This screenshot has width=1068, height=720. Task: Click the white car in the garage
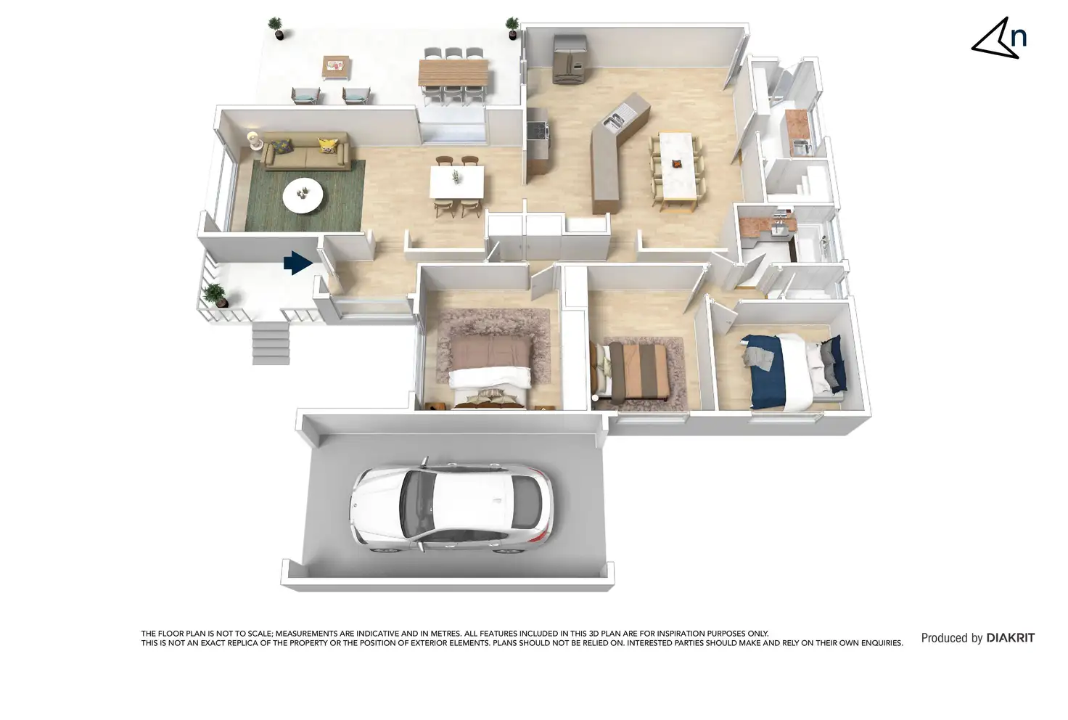450,508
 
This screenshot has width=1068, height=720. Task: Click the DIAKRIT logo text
1010,638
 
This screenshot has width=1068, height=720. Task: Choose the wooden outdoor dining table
453,73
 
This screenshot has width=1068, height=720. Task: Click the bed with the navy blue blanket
791,370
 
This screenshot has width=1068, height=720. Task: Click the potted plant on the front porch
215,295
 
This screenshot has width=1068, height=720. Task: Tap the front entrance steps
271,343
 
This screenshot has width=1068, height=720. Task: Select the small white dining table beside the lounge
457,181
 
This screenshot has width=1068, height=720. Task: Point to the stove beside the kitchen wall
538,131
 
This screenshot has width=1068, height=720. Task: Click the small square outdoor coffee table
336,67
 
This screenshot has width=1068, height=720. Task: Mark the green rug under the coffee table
261,210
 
